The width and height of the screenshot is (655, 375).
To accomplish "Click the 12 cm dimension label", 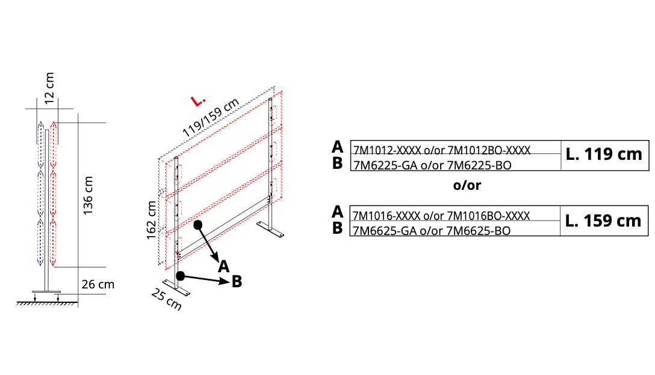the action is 49,88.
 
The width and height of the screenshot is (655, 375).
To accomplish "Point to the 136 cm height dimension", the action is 88,196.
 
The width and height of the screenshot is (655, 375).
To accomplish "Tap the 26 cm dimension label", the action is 98,284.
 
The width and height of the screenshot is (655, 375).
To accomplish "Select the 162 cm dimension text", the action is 151,220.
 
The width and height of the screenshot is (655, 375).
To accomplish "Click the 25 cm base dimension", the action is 167,300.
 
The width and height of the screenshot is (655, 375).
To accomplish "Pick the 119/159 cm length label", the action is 211,117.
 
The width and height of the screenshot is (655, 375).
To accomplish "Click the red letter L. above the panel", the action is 198,100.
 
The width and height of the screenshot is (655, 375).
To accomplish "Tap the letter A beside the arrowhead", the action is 224,266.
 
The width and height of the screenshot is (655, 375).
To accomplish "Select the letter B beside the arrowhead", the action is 237,282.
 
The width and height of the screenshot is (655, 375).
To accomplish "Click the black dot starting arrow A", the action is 198,225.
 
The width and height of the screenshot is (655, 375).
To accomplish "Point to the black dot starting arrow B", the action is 181,276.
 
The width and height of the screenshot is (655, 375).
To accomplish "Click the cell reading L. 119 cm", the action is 604,154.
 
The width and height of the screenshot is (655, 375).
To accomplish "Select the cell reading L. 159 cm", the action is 604,221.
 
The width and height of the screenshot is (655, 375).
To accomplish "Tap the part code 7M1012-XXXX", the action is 387,150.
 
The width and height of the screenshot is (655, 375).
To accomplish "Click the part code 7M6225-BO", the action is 479,166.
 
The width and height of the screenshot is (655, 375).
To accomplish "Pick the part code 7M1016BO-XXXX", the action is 488,216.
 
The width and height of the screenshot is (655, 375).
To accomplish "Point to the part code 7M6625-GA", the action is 385,231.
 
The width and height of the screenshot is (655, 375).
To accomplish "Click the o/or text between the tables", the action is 467,185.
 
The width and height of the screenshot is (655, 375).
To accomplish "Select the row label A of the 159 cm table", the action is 338,212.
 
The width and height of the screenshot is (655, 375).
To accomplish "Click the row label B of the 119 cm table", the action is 338,163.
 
